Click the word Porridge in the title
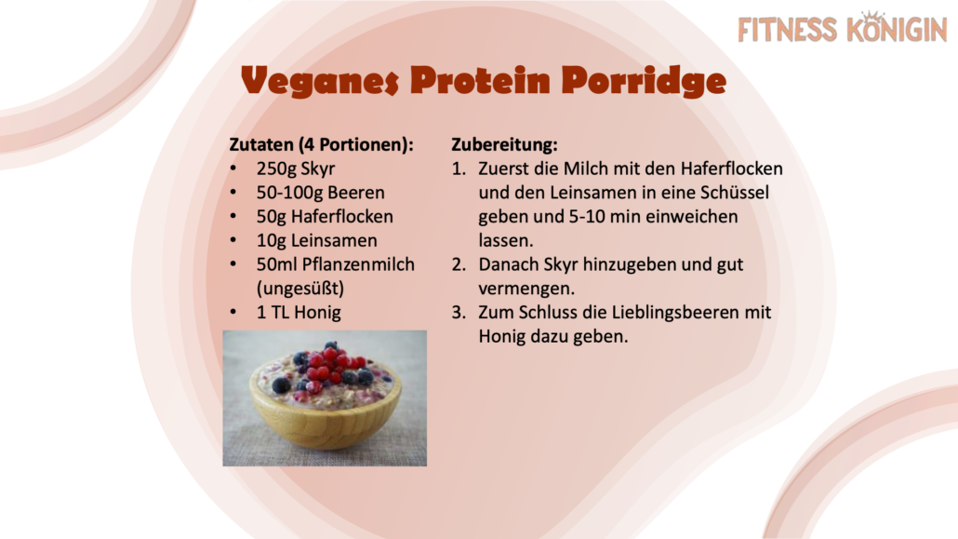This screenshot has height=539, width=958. tap(644, 81)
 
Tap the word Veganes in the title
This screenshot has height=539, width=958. tap(320, 81)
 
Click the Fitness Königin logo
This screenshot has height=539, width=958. tap(843, 28)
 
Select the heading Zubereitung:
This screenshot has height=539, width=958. tap(505, 144)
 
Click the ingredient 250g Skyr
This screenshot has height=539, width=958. tap(296, 168)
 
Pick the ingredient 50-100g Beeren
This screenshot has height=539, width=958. tap(321, 192)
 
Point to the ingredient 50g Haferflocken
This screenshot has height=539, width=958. tap(325, 217)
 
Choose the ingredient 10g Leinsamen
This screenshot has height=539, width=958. tap(316, 240)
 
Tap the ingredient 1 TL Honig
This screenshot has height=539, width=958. tap(299, 313)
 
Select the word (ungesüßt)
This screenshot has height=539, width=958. tap(300, 289)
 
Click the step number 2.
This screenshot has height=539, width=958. tap(459, 264)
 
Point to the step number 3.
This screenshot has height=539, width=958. tap(459, 313)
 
